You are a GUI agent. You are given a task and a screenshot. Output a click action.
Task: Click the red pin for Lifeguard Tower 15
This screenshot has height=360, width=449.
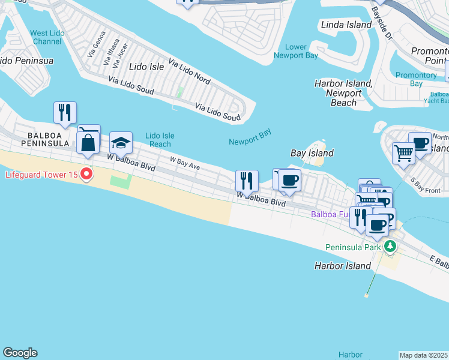[86, 175]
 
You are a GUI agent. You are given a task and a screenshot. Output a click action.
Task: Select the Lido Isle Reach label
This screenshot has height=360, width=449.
[160, 140]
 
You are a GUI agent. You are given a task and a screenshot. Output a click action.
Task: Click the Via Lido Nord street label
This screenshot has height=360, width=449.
[189, 71]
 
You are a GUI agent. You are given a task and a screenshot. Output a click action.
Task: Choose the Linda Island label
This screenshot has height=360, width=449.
[346, 25]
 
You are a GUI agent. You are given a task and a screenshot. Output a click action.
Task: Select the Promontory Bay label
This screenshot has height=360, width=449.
[416, 79]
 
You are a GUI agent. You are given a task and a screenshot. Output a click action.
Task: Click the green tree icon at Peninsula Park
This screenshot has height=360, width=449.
[390, 246]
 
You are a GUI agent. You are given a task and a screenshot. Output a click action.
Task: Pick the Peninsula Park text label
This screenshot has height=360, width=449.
[353, 247]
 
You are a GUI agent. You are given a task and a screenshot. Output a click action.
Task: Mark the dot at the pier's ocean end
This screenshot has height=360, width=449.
[366, 295]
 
